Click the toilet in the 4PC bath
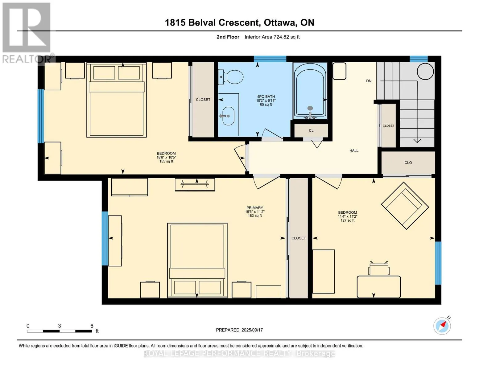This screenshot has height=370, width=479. (x=231, y=77)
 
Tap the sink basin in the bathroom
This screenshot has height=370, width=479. (x=228, y=116)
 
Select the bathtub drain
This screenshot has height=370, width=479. (x=310, y=108)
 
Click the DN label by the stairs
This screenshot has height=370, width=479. (x=369, y=81)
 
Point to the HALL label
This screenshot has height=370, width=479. (x=354, y=150)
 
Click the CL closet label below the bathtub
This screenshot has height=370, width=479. (x=311, y=130)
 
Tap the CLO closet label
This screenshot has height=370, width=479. (x=408, y=162)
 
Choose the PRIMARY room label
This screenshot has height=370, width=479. (x=254, y=208)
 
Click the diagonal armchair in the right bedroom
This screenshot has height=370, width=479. (x=405, y=206)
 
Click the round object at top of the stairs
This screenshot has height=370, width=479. (x=425, y=71)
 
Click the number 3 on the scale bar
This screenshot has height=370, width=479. (x=59, y=326)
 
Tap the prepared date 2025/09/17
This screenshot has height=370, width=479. (x=252, y=330)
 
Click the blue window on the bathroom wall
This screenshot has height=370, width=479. (x=270, y=59)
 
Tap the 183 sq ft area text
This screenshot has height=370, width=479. (x=254, y=216)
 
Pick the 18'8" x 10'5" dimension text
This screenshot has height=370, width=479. (x=166, y=157)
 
